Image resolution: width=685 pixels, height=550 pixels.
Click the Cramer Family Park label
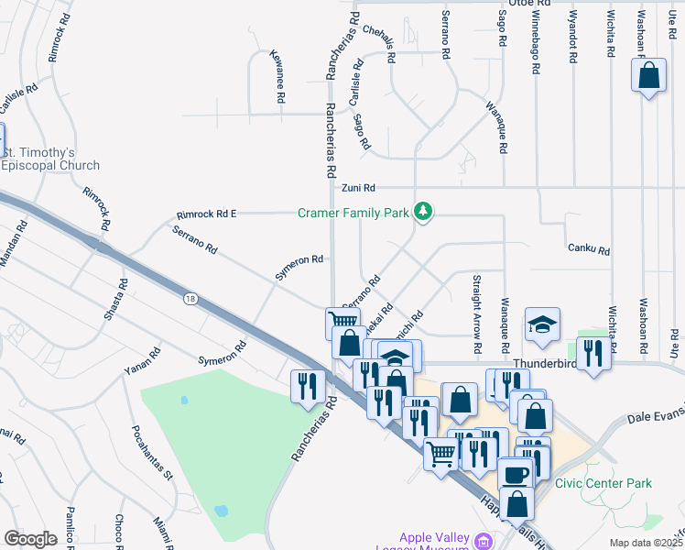click(353, 214)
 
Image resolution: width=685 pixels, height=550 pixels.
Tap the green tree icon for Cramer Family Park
click(423, 213)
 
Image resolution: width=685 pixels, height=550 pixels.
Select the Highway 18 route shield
click(190, 299)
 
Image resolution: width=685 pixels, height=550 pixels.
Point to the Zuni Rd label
click(359, 188)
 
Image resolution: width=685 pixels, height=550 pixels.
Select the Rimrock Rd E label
click(206, 214)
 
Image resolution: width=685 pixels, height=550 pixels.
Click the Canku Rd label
click(588, 248)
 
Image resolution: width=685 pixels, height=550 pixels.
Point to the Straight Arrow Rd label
click(476, 313)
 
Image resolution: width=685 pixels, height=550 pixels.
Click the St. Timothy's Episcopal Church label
click(50, 159)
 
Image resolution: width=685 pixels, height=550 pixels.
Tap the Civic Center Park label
click(603, 483)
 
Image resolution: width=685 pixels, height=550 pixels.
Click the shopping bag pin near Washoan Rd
click(648, 76)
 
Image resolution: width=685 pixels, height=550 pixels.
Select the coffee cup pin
click(516, 473)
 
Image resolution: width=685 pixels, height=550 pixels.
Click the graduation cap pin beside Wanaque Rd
click(541, 324)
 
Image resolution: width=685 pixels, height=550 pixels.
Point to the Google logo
click(29, 539)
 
